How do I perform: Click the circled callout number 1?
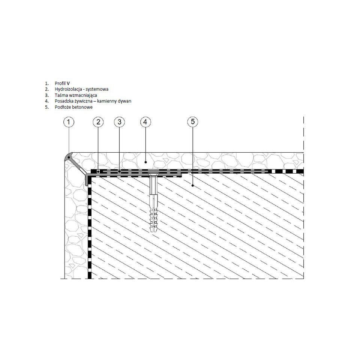[69, 121]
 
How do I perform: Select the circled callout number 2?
[98, 121]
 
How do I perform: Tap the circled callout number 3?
[119, 121]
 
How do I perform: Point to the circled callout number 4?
[145, 121]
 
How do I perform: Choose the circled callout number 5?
[192, 121]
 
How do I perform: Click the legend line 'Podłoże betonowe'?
[73, 107]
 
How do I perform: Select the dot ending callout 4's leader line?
[145, 162]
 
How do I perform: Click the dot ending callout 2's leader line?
[98, 172]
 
